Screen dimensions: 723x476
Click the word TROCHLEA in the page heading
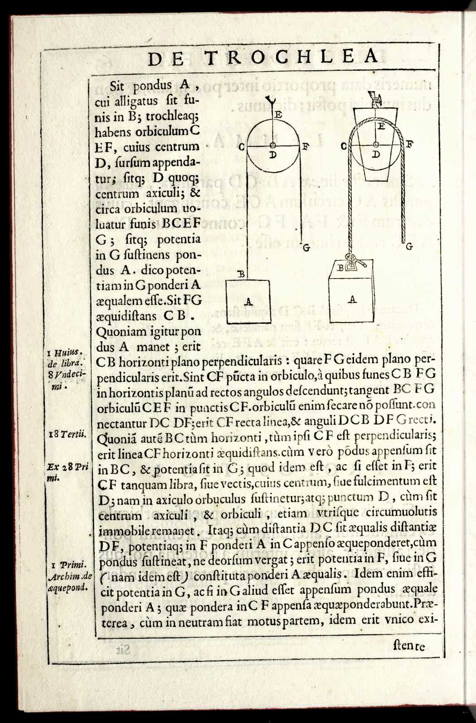[x=291, y=57]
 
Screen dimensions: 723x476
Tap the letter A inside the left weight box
[x=248, y=301]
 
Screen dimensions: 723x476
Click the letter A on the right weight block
[x=352, y=299]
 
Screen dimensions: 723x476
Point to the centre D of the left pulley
[x=273, y=146]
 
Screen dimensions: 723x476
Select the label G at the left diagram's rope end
[x=306, y=247]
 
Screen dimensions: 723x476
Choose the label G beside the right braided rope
[x=409, y=246]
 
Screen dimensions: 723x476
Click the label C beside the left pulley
[x=242, y=147]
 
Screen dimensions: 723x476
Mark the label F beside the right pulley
[x=410, y=145]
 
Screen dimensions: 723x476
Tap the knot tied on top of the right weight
[x=351, y=262]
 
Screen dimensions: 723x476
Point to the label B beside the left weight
[x=241, y=274]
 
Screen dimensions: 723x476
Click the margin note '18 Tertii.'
[x=68, y=434]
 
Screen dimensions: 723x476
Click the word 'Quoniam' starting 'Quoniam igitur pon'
[x=117, y=332]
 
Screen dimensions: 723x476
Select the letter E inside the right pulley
[x=381, y=126]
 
